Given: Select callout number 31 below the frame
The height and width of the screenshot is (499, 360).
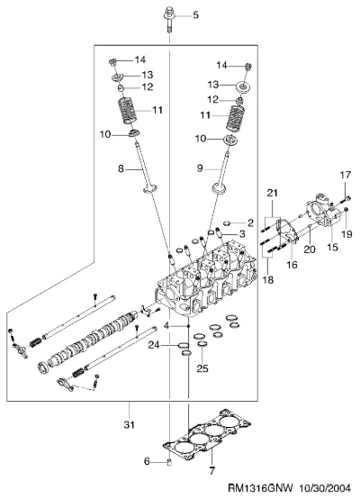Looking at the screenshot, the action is (x=129, y=424).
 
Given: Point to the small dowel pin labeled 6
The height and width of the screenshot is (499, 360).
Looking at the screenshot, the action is (x=169, y=462).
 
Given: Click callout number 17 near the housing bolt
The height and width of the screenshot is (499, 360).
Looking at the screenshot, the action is (x=346, y=175).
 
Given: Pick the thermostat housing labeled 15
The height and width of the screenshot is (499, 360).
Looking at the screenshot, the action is (x=323, y=212).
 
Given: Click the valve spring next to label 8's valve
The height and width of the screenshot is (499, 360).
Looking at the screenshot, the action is (x=128, y=110).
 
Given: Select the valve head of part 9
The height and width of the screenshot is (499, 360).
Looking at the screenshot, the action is (x=219, y=188).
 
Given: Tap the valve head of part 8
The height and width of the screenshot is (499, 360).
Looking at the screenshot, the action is (x=150, y=188).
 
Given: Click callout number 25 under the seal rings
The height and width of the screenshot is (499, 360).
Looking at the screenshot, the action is (x=202, y=368).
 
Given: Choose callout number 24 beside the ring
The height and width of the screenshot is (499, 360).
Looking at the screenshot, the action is (x=154, y=345).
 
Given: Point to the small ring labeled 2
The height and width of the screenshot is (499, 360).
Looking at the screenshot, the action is (x=227, y=222).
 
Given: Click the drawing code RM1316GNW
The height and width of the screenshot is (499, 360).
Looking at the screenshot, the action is (x=260, y=488).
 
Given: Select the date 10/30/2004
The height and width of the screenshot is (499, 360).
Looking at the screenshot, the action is (x=325, y=488).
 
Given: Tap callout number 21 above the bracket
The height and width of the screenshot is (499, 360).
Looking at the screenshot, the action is (x=272, y=193).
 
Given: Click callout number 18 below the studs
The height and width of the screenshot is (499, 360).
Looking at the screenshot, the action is (x=268, y=280).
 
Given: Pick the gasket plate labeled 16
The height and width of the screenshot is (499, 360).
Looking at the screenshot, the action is (x=287, y=233).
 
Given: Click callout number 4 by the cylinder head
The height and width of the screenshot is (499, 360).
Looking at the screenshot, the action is (x=166, y=326).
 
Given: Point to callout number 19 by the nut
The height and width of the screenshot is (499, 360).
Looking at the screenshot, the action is (x=346, y=234).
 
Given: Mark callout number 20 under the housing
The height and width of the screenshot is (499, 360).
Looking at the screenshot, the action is (x=309, y=249).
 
